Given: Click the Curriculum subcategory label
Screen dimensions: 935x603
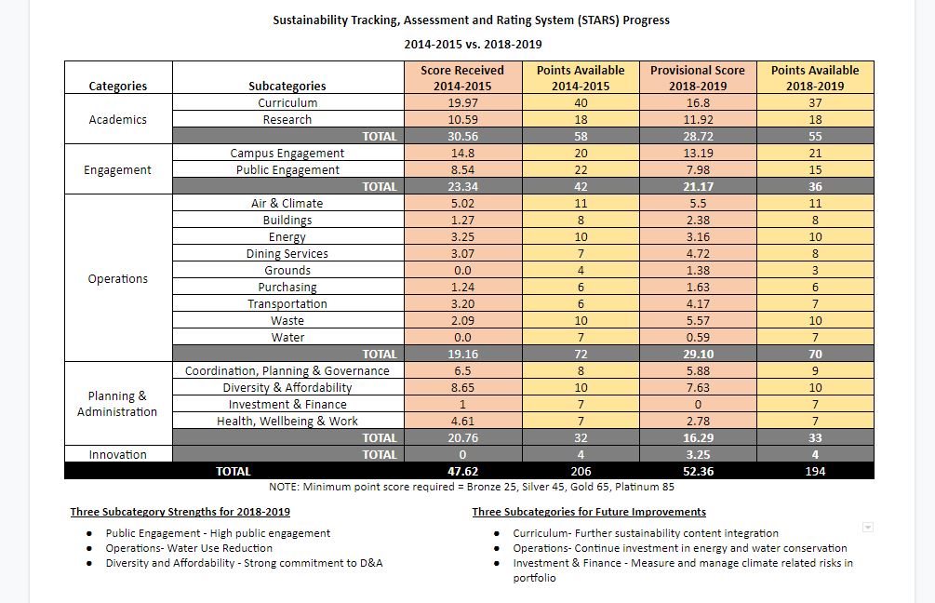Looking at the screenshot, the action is coord(287,102).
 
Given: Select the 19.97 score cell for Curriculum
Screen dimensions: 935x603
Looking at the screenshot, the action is coord(462,102).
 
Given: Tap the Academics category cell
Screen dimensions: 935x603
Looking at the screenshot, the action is coord(118,119).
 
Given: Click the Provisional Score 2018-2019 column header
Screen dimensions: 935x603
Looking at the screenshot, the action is coord(698,77).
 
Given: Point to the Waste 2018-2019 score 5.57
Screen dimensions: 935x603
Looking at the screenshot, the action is coord(698,320).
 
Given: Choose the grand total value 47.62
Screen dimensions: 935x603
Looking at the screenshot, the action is coord(462,471).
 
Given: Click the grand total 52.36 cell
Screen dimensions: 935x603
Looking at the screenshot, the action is coord(698,471).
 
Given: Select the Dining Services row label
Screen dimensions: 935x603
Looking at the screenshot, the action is coord(287,253).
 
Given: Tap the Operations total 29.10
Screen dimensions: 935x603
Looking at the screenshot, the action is coord(698,354).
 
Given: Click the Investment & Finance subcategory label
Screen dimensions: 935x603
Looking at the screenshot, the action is coord(287,405).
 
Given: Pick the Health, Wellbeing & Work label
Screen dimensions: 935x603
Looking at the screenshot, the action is coord(287,422).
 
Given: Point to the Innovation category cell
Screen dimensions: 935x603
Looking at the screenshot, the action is coord(118,454).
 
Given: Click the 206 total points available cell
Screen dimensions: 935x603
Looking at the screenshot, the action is coord(581,471).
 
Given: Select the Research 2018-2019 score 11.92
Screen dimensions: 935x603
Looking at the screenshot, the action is coord(698,119).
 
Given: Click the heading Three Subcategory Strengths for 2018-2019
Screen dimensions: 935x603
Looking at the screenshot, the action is coord(180,512).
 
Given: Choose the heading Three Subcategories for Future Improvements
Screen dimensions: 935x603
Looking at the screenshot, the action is coord(589,512).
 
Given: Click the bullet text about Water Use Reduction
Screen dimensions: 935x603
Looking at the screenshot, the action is coord(189,548).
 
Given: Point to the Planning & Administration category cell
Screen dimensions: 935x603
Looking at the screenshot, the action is coord(117,404).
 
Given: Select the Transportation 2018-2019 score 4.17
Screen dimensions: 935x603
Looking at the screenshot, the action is coord(698,303).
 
